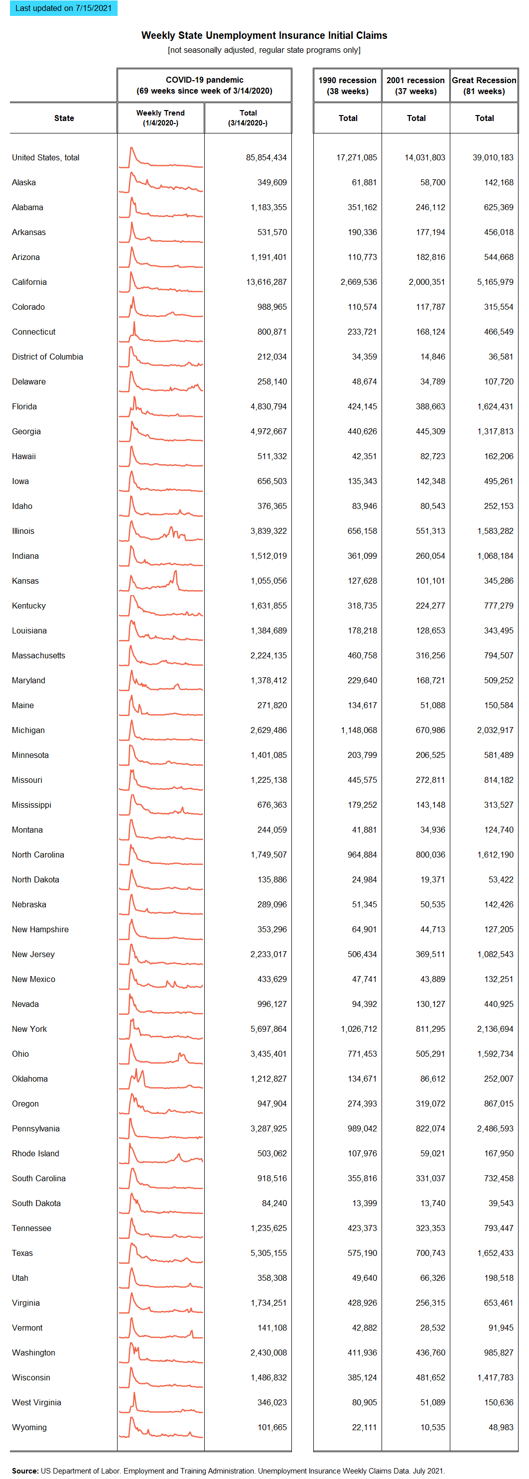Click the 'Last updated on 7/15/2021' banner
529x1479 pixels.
(x=63, y=8)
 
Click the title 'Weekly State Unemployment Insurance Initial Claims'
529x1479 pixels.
(x=264, y=35)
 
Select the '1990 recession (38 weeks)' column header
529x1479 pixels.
(x=348, y=86)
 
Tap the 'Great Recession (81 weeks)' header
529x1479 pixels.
(x=484, y=86)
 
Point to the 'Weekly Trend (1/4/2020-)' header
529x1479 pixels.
(x=160, y=118)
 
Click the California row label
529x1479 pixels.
(x=29, y=282)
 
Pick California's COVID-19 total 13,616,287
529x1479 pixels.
(x=266, y=282)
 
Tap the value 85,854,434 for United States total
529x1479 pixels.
(x=266, y=157)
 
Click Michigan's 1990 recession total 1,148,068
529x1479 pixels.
(x=359, y=731)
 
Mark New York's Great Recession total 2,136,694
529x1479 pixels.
(x=495, y=1029)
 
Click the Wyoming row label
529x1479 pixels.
(x=29, y=1427)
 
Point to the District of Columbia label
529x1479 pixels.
(x=47, y=357)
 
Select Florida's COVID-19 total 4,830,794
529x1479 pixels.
(x=268, y=406)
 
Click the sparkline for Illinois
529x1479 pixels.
(x=161, y=531)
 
